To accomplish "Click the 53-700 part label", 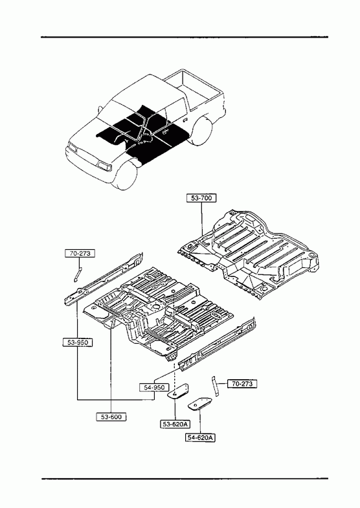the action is pos(201,197).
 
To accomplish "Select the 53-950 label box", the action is pos(78,342).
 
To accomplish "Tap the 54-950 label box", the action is pos(154,387).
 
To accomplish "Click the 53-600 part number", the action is pos(111,417).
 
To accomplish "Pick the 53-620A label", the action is pos(175,423).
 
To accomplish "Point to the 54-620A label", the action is pos(201,437).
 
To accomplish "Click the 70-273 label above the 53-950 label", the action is pos(80,253).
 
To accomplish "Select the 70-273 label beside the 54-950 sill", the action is pos(242,384).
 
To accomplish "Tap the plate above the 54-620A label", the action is pos(199,403).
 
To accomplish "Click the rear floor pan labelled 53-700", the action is pos(249,253).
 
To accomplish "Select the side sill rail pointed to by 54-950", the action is pos(216,344).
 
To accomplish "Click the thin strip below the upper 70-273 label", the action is pos(78,274).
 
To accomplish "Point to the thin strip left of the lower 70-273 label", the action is pos(215,386).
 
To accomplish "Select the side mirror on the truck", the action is pos(100,109).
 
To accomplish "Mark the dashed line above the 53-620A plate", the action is pos(175,344).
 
